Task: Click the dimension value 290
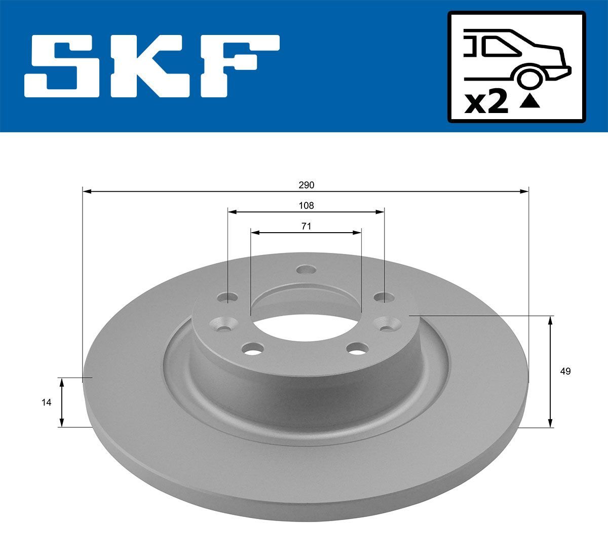306,185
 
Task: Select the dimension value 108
306,205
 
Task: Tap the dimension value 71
306,226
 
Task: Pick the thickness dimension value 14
47,402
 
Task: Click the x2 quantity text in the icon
486,103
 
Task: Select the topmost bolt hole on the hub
306,270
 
